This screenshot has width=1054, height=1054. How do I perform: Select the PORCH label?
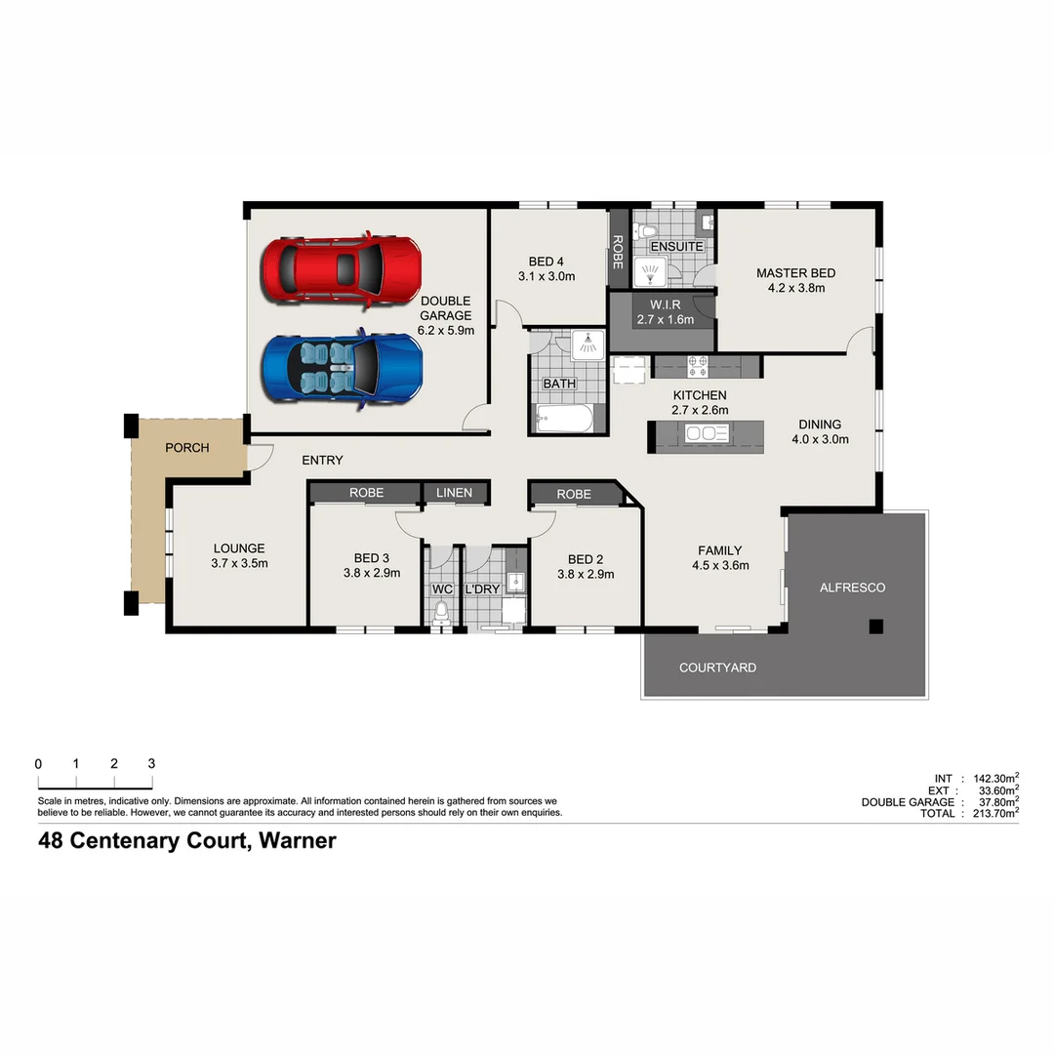pos(186,448)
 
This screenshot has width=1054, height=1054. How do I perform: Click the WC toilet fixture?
pos(441,612)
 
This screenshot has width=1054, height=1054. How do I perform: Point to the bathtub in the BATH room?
pos(564,421)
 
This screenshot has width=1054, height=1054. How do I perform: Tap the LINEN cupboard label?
pos(454,493)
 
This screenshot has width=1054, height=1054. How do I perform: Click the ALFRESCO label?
pos(852,588)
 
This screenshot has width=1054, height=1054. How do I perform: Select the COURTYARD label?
pos(717,668)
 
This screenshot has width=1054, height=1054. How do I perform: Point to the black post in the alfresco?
pos(876,627)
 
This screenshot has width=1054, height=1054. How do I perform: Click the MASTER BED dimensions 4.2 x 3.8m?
pos(795,288)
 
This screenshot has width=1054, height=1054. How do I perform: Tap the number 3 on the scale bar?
pos(151,764)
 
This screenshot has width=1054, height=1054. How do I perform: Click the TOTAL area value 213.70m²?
pos(990,813)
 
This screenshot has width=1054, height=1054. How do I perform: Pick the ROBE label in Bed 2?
pos(574,495)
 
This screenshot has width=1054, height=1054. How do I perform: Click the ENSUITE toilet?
pos(642,231)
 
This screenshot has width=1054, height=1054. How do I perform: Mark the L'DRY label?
pos(482,590)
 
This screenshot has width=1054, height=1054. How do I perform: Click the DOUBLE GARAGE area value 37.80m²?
pos(992,801)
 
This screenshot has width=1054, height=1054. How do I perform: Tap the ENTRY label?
pos(322,460)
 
